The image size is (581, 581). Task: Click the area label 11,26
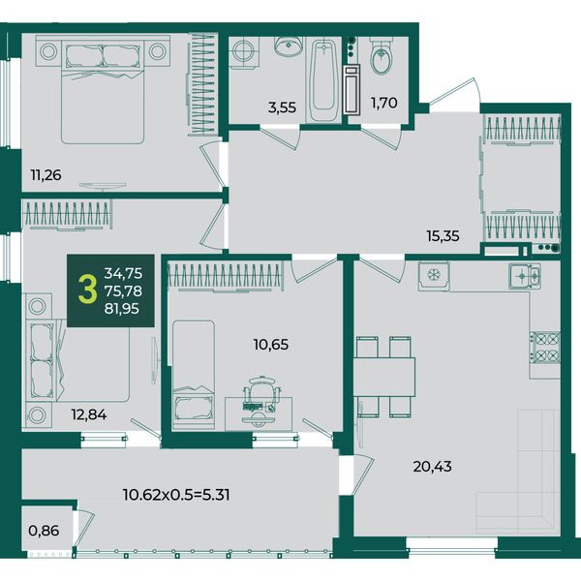click(x=46, y=175)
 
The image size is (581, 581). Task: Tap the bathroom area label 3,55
click(x=283, y=107)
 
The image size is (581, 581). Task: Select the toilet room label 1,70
click(x=384, y=103)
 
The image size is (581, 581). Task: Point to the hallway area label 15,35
click(x=443, y=235)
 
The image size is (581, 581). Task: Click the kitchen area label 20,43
click(x=433, y=467)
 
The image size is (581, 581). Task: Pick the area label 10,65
click(x=271, y=345)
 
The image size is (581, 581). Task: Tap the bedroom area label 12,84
click(x=89, y=414)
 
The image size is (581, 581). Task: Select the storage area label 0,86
click(x=44, y=531)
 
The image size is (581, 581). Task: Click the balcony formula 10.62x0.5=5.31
click(x=176, y=495)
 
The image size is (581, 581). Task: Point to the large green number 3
click(x=88, y=290)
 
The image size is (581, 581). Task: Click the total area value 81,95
click(x=122, y=309)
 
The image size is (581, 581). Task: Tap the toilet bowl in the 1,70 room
click(x=381, y=56)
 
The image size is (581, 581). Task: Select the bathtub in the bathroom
click(x=323, y=80)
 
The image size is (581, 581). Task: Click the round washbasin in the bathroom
click(x=289, y=46)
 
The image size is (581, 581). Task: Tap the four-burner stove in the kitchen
click(x=545, y=348)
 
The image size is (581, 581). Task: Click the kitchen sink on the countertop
click(x=524, y=276)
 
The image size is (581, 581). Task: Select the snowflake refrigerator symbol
click(x=434, y=276)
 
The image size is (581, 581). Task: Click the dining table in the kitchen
click(x=383, y=377)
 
